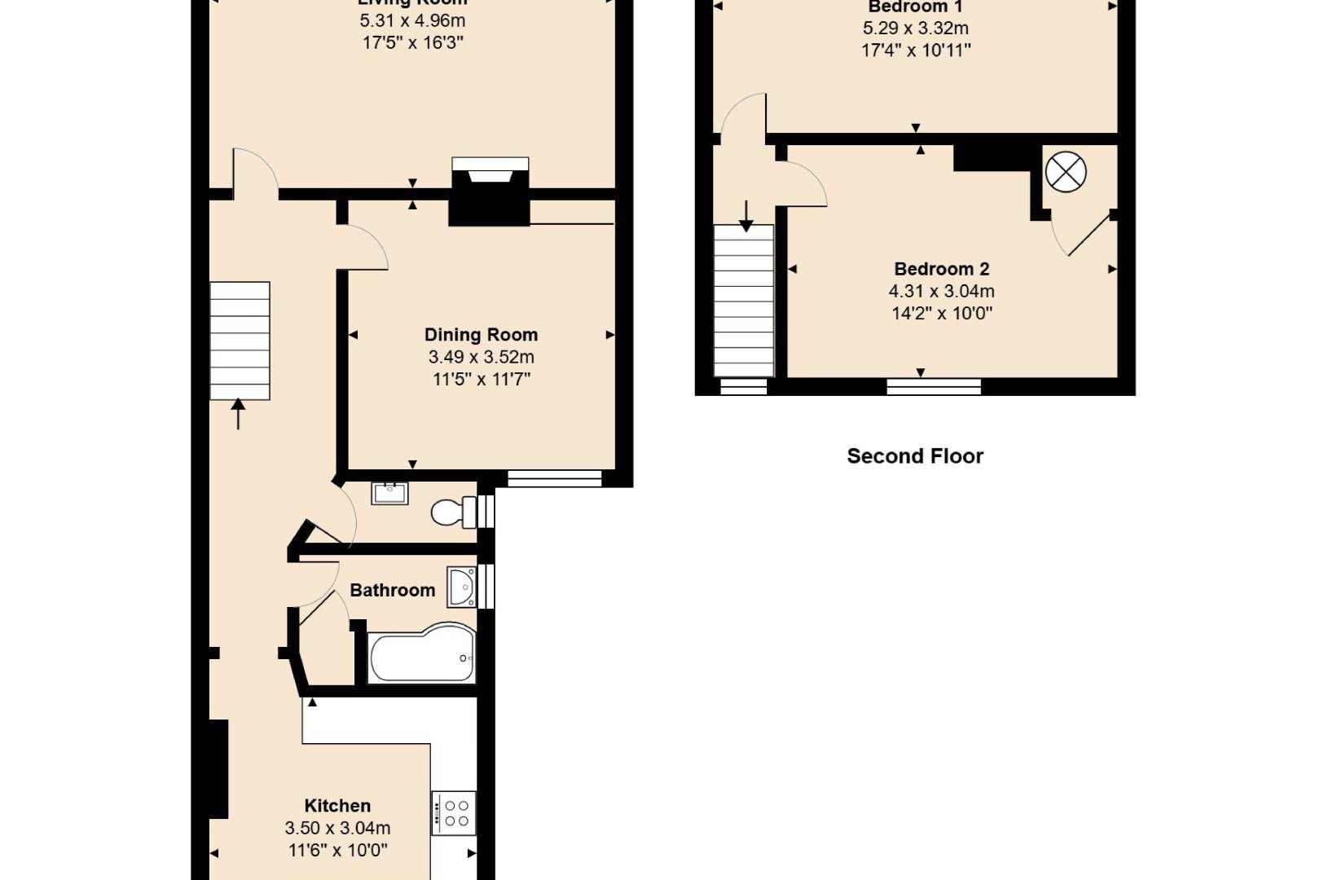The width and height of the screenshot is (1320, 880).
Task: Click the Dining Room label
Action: pos(481,335)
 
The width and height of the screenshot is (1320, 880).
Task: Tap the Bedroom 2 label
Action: pos(941,269)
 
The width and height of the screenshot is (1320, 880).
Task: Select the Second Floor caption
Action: pos(915,456)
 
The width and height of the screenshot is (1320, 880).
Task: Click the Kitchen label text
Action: pos(337,806)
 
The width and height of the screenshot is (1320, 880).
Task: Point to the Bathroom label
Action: pos(392,591)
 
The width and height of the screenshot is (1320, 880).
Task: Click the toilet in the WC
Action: pos(453,513)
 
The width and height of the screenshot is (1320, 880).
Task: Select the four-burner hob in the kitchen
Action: pos(454,812)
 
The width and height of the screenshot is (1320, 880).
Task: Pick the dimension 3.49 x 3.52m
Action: pos(481,357)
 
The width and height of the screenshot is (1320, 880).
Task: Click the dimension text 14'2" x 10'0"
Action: pos(941,314)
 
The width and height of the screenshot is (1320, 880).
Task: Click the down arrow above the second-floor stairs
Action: pos(746,215)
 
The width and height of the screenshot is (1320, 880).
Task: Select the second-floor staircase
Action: pos(744,301)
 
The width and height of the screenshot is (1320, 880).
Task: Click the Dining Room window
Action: pos(554,479)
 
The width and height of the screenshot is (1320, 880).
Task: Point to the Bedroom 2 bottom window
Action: pos(934,386)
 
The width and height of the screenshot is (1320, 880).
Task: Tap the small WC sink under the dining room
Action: pos(389,493)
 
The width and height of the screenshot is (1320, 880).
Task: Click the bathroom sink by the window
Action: pos(462,587)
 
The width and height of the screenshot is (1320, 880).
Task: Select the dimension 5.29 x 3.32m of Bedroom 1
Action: pos(915,29)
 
